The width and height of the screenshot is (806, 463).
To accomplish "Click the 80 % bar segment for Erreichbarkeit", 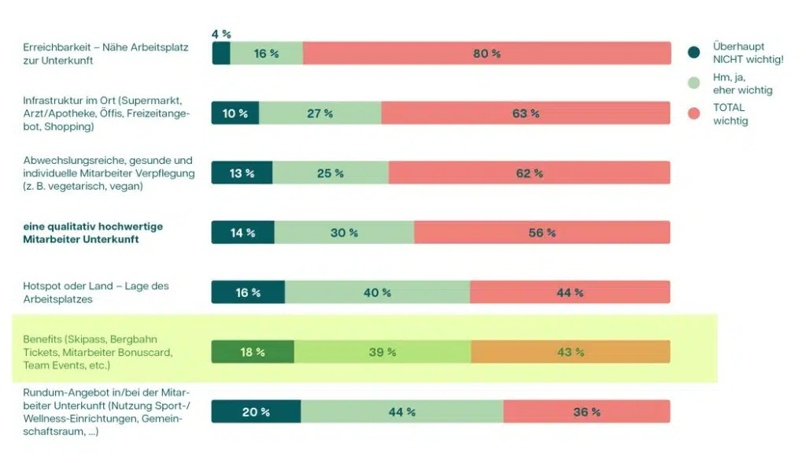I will tap(486, 54).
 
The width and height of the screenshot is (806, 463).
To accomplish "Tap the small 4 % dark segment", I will tap(220, 54).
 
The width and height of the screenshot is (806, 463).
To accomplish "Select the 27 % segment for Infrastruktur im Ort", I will tap(320, 113).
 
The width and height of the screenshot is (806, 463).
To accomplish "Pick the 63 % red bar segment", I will tap(526, 113).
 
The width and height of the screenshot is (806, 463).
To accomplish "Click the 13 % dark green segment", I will tap(242, 173).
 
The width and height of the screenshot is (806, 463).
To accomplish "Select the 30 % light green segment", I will tap(344, 233).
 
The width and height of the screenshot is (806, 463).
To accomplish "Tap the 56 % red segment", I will tap(542, 233).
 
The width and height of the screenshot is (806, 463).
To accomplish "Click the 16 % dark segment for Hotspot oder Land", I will tap(248, 292).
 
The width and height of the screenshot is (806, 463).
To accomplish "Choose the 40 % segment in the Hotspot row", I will tap(377, 292).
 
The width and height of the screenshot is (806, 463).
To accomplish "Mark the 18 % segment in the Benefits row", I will tap(252, 352).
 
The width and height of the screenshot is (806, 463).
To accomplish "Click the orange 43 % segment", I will tap(571, 352).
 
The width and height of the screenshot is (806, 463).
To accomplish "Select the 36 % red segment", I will tap(586, 412).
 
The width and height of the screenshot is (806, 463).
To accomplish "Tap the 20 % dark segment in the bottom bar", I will tap(256, 412).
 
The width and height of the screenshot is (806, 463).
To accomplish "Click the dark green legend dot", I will tap(693, 53).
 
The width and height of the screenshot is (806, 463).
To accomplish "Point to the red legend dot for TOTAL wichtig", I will tap(693, 114).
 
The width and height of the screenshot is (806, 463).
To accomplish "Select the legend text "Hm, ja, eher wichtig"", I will tap(742, 83).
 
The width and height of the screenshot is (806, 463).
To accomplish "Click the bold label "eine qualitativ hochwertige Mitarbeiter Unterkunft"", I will tap(93, 232).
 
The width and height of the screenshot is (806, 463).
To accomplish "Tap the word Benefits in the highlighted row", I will tap(43, 339).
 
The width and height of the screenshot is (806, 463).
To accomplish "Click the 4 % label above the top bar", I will tap(221, 35).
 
